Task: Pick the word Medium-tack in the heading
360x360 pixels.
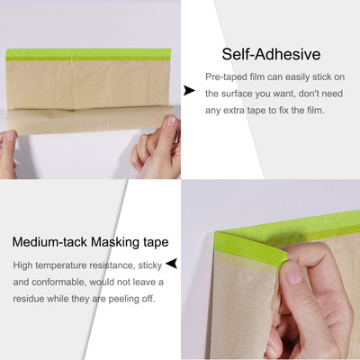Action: (49, 242)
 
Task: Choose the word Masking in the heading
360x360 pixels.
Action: (113, 242)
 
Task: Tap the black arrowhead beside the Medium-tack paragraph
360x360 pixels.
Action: (171, 264)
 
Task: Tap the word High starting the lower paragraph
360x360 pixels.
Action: (24, 265)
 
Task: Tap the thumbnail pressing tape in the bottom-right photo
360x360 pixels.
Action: (293, 271)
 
